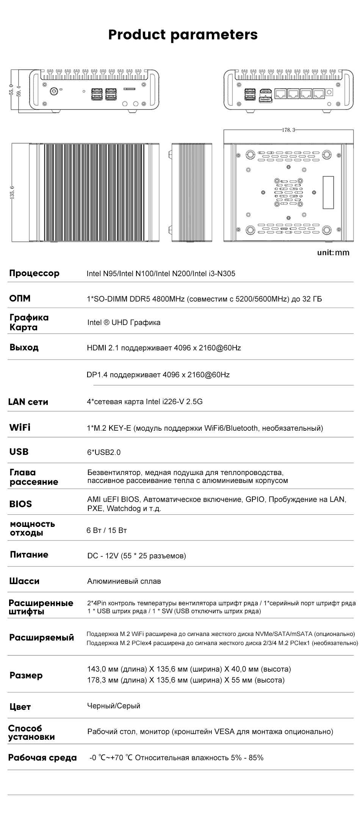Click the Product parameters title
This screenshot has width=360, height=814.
(x=183, y=34)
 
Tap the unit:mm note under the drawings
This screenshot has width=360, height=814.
(x=333, y=252)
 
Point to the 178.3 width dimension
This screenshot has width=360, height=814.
(x=288, y=130)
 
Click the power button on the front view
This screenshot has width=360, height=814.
(x=53, y=91)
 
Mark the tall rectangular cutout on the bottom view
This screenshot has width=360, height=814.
(x=328, y=192)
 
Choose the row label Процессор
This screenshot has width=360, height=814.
(x=34, y=273)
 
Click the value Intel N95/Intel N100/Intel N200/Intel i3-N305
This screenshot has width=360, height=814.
(x=161, y=273)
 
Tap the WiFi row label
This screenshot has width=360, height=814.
(x=20, y=427)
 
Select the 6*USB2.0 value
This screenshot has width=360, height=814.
(x=104, y=452)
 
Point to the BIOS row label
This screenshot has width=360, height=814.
(x=20, y=504)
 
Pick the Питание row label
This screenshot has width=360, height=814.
(x=29, y=555)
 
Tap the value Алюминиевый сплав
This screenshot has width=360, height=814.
(x=124, y=581)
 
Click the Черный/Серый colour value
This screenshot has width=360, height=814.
(x=114, y=706)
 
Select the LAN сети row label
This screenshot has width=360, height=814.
(x=28, y=402)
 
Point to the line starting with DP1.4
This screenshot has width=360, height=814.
(x=158, y=375)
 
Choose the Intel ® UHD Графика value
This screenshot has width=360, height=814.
(x=124, y=322)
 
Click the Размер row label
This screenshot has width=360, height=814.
(x=26, y=675)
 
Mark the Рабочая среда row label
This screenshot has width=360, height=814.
(x=42, y=758)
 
